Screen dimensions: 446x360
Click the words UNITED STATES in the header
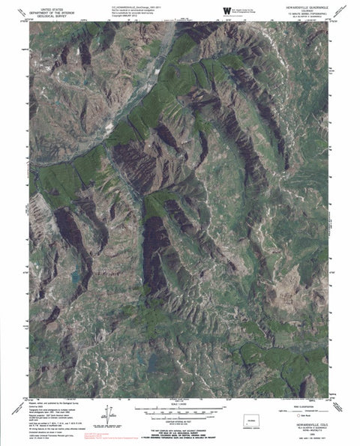coord(51,4)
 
